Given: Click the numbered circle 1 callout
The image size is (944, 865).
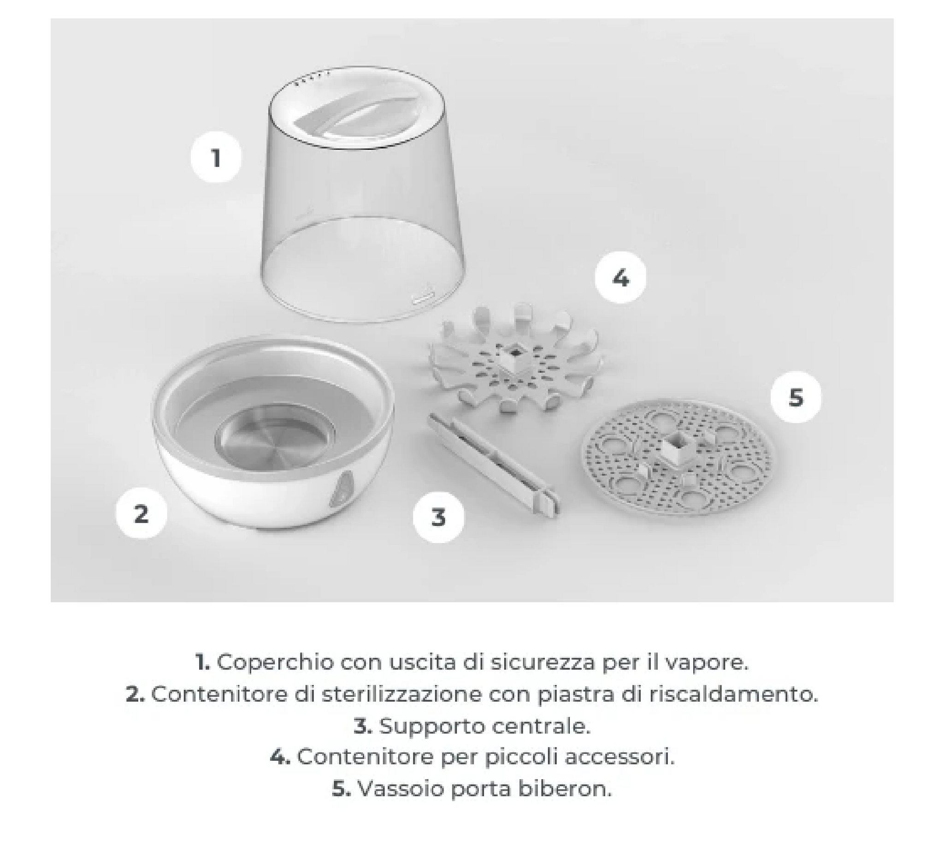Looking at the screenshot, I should [x=216, y=157].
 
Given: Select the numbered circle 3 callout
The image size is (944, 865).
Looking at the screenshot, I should [x=438, y=517].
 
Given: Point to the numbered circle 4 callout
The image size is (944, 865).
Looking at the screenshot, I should [x=620, y=278].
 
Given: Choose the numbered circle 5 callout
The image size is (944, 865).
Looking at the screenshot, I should [x=796, y=397].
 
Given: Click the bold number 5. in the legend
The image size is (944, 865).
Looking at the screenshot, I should [x=341, y=788].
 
